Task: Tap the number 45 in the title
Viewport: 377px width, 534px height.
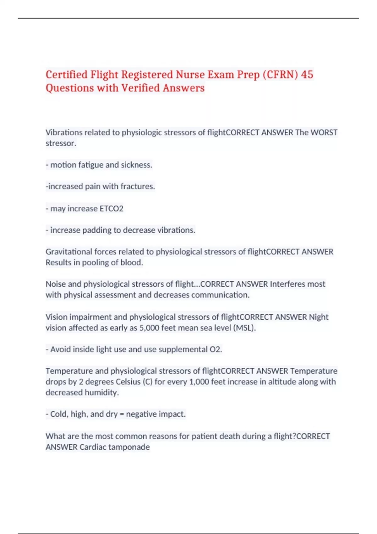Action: click(x=307, y=75)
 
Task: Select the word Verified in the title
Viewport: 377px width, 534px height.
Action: click(x=140, y=88)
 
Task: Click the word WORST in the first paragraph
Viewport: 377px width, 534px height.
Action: click(x=324, y=133)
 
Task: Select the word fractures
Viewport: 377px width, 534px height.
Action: click(x=138, y=187)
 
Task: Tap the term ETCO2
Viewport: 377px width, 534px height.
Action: click(x=111, y=209)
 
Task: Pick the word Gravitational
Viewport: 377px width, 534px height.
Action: click(x=69, y=252)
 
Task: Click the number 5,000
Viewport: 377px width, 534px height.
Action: click(x=149, y=328)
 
